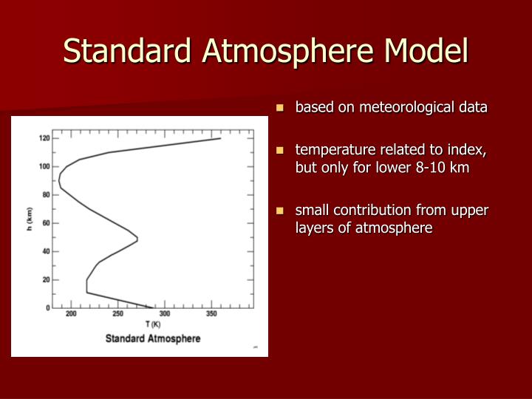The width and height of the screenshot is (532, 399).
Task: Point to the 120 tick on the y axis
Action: click(44, 138)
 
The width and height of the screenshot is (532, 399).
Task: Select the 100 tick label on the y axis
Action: click(44, 166)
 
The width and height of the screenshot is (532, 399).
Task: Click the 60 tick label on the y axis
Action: click(46, 223)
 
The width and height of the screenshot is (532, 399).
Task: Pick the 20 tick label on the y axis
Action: click(46, 279)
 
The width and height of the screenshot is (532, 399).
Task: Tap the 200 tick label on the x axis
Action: click(71, 315)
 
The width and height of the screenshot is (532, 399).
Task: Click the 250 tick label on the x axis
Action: click(117, 315)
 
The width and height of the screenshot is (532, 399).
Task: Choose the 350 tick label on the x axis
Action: click(211, 315)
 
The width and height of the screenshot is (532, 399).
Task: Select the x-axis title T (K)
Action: click(153, 324)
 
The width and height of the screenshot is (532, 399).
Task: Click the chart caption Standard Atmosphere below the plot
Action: click(153, 338)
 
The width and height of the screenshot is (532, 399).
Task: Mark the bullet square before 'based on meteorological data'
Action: click(280, 108)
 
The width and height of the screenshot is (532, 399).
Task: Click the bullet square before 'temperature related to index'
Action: click(280, 151)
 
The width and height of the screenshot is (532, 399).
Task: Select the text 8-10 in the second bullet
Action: click(429, 168)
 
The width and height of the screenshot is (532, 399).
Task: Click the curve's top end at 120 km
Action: click(220, 138)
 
